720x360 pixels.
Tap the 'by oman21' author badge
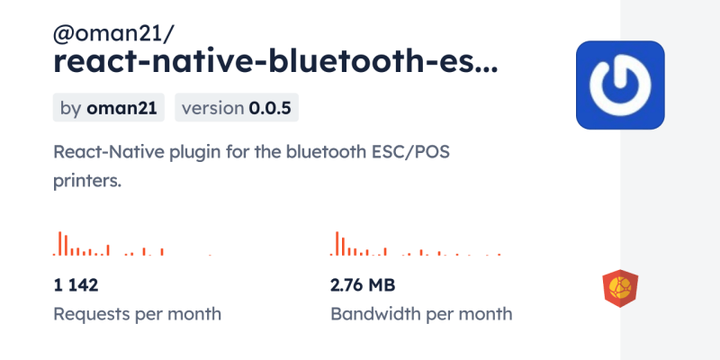tap(108, 108)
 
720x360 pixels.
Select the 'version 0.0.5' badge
tap(237, 108)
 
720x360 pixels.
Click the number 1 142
tap(76, 285)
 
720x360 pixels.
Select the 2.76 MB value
tap(363, 285)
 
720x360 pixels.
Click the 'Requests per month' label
tap(138, 314)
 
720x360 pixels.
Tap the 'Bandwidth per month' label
tap(421, 314)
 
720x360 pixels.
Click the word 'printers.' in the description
tap(87, 180)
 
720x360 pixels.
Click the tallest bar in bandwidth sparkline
tap(337, 244)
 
